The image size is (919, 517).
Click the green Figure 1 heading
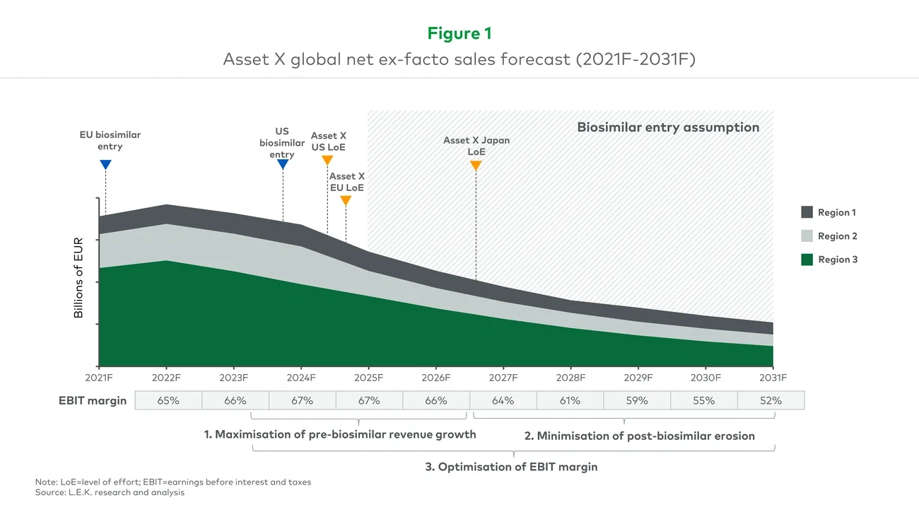[459, 33]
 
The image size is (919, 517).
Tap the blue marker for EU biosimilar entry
[105, 165]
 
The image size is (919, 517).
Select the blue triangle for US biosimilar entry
[282, 165]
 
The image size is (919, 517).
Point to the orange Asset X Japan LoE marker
[476, 165]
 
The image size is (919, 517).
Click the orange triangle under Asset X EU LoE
[346, 201]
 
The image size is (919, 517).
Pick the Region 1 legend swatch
[807, 212]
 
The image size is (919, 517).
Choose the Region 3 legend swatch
[807, 260]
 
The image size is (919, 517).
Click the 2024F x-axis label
[301, 378]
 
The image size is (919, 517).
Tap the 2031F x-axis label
[773, 378]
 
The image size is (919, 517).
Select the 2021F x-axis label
[100, 378]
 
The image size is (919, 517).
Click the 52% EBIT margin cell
[771, 400]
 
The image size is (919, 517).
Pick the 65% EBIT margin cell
[168, 400]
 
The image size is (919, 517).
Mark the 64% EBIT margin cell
[503, 400]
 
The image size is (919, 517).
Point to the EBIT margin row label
[92, 400]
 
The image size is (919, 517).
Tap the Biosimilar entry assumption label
[668, 128]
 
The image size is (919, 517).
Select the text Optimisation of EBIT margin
[511, 467]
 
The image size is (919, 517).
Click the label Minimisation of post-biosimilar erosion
[639, 436]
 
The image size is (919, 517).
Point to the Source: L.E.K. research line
[110, 492]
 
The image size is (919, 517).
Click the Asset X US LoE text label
[328, 141]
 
